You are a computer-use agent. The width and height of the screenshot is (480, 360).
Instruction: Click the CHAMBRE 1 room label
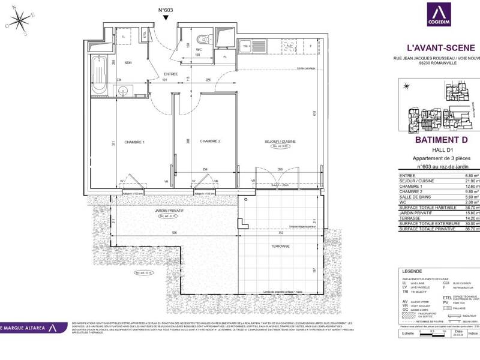coord(134,142)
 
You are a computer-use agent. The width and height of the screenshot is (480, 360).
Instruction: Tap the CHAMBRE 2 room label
coord(211,141)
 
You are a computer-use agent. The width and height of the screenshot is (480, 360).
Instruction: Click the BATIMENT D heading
coord(440,140)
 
